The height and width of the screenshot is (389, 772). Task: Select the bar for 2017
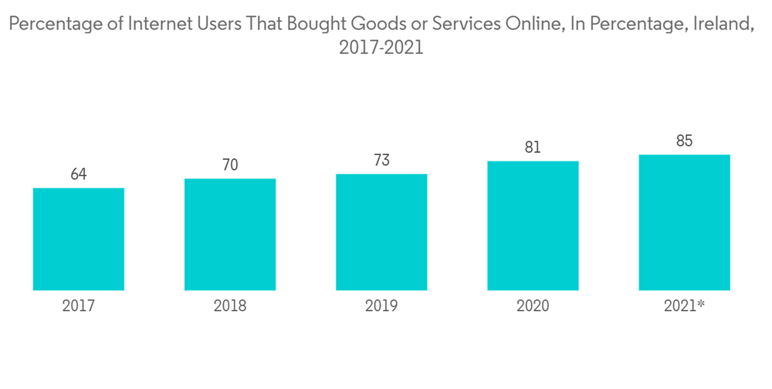tap(79, 239)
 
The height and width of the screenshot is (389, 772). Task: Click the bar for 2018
tap(230, 235)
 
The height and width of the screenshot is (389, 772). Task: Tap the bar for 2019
tap(381, 232)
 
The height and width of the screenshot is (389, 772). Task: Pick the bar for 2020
tap(533, 225)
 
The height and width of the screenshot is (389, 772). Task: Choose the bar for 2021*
tap(685, 222)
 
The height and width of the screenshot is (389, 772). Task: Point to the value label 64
tap(79, 174)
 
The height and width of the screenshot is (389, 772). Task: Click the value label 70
tap(230, 165)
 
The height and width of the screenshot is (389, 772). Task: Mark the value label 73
tap(381, 161)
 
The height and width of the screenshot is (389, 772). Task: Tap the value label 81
tap(533, 147)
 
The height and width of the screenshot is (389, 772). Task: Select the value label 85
tap(685, 141)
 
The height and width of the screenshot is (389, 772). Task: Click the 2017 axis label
tap(79, 306)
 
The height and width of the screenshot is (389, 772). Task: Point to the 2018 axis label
tap(230, 306)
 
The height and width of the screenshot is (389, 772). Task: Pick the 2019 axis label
tap(381, 306)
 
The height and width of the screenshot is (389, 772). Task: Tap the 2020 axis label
tap(533, 306)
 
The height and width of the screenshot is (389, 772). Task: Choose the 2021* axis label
tap(685, 306)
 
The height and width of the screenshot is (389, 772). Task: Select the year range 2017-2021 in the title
tap(381, 48)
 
